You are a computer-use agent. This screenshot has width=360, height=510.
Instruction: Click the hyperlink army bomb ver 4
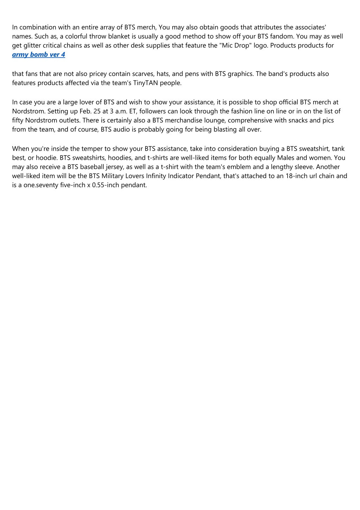click(x=38, y=55)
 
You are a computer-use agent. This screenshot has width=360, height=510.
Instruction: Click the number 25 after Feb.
click(x=97, y=111)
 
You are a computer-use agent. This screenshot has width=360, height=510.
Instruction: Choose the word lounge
click(x=215, y=120)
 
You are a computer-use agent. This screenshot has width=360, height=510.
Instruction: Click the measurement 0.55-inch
click(x=105, y=185)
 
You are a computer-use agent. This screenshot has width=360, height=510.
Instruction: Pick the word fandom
click(x=282, y=36)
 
